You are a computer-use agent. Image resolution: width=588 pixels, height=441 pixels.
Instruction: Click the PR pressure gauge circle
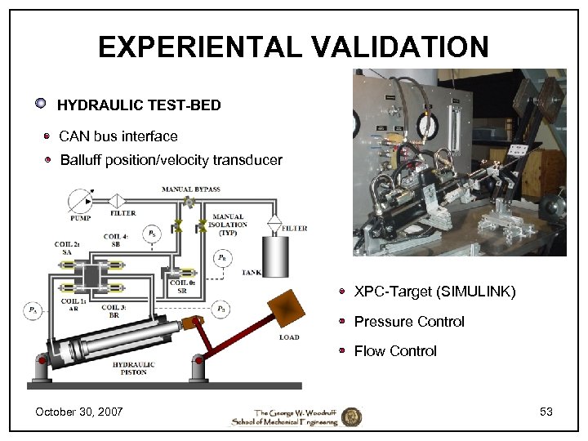(x=222, y=258)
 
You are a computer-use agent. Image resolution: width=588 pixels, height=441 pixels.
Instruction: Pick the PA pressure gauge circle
(x=32, y=310)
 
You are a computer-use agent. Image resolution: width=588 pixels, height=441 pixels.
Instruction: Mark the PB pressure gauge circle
(x=221, y=310)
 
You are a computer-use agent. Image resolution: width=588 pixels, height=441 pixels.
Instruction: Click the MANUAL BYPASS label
(x=190, y=189)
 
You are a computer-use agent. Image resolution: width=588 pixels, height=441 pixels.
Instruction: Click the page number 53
(x=546, y=412)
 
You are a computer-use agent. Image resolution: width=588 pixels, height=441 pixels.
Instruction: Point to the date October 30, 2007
(x=78, y=412)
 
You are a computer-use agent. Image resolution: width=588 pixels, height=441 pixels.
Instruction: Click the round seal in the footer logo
(x=351, y=416)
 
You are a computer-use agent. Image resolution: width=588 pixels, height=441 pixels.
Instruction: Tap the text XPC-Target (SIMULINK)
(x=434, y=292)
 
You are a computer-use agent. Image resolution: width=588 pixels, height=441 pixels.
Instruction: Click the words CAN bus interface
(x=118, y=136)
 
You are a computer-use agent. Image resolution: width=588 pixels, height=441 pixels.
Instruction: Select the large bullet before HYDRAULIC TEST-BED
(x=40, y=104)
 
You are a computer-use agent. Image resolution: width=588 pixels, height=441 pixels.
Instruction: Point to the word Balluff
(x=81, y=160)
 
